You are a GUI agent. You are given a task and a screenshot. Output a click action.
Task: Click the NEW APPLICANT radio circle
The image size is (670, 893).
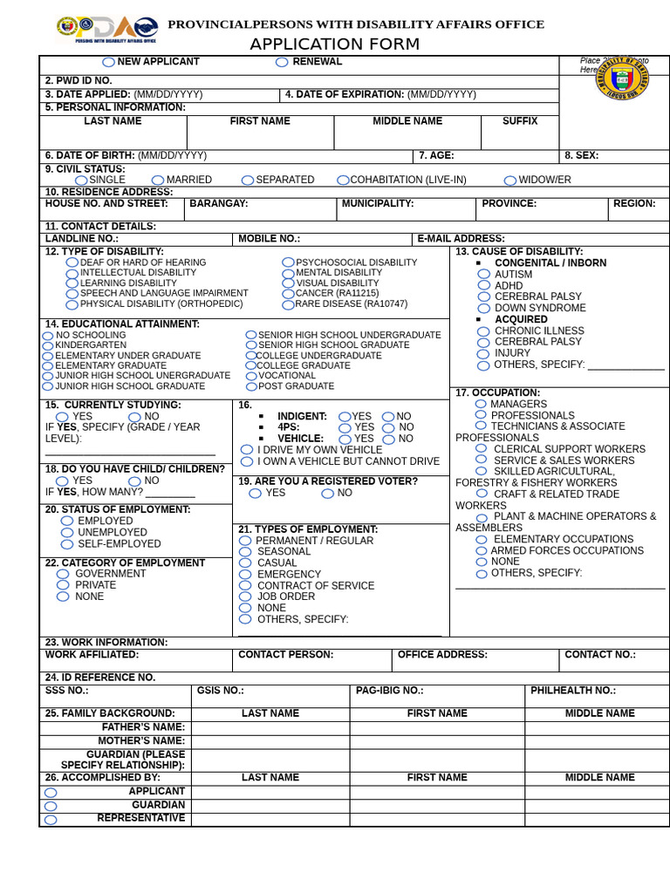[108, 62]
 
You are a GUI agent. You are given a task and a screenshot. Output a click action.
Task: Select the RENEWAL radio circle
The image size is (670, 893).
[282, 62]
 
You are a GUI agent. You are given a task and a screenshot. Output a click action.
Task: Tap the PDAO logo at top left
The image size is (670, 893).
[107, 29]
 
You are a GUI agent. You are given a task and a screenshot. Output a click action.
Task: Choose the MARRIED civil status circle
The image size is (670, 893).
[157, 181]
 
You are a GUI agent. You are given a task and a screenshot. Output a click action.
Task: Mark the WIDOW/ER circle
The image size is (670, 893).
[510, 181]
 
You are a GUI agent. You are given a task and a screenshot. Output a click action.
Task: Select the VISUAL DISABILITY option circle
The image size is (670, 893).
[289, 283]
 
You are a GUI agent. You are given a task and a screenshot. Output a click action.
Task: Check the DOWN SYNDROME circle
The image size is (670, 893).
[484, 309]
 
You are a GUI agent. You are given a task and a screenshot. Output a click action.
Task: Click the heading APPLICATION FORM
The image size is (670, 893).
[334, 44]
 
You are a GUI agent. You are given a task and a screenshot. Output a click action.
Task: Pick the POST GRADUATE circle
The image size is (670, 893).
[251, 386]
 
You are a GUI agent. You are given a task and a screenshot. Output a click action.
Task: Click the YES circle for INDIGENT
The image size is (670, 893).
[345, 417]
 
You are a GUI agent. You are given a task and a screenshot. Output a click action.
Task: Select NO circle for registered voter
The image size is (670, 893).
[327, 494]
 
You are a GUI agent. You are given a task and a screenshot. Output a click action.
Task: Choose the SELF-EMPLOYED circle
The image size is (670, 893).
[67, 544]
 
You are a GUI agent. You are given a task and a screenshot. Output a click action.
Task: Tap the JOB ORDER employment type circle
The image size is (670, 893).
[245, 597]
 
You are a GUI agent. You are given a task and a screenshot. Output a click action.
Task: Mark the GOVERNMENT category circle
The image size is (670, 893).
[63, 575]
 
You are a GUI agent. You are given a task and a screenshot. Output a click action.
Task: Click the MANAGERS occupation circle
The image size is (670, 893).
[481, 405]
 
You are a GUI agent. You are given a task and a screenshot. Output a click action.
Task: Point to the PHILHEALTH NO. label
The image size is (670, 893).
[573, 691]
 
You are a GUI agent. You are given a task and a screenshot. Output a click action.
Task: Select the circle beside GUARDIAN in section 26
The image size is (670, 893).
[51, 807]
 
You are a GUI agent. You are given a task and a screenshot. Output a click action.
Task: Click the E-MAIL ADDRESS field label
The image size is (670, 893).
[461, 239]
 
